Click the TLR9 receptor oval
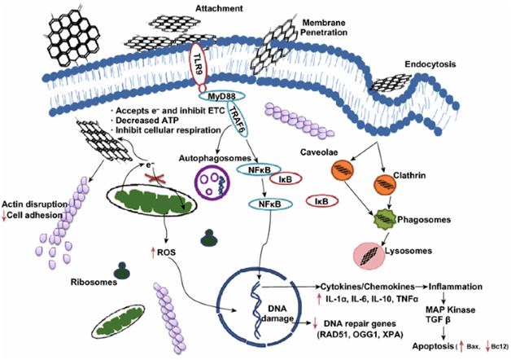pyautogui.click(x=198, y=66)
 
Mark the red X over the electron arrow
pyautogui.click(x=155, y=178)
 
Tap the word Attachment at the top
pyautogui.click(x=219, y=8)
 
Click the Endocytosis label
pyautogui.click(x=430, y=64)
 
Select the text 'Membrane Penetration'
pyautogui.click(x=324, y=28)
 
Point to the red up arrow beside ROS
pyautogui.click(x=152, y=252)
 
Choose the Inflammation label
pyautogui.click(x=456, y=287)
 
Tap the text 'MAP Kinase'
pyautogui.click(x=451, y=310)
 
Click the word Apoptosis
pyautogui.click(x=433, y=346)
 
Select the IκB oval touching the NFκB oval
pyautogui.click(x=286, y=179)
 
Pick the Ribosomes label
pyautogui.click(x=94, y=282)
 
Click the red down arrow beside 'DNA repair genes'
pyautogui.click(x=315, y=323)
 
